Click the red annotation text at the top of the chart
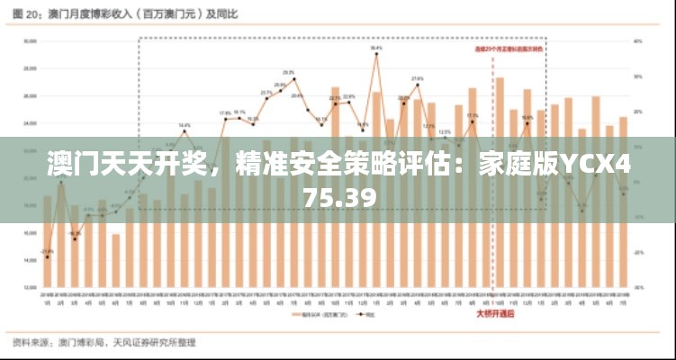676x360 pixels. click(509, 49)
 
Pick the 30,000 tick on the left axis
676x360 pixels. click(29, 40)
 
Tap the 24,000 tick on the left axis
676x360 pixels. click(29, 123)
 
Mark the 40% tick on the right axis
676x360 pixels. click(637, 40)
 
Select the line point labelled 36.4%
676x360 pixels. click(376, 54)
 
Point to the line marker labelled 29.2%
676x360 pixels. click(293, 79)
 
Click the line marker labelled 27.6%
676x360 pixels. click(418, 85)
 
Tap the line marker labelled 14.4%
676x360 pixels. click(185, 131)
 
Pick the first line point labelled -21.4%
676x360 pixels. click(47, 257)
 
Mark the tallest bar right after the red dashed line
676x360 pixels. click(500, 180)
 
